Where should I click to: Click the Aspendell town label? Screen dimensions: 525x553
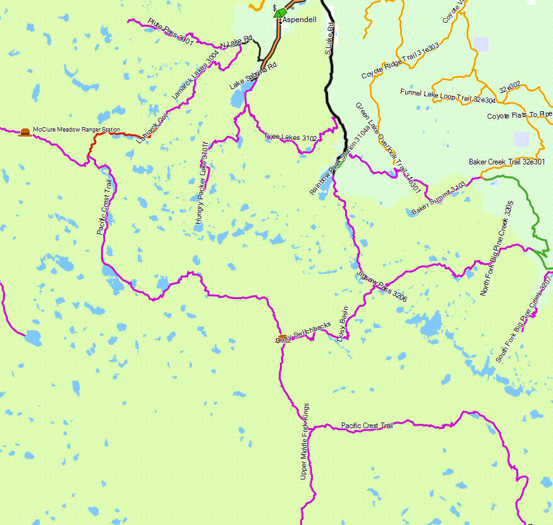(x=299, y=20)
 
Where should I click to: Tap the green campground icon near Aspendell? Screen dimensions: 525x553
(x=281, y=13)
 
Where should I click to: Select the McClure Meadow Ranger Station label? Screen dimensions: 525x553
(x=76, y=130)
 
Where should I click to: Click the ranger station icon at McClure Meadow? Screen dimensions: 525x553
(x=25, y=132)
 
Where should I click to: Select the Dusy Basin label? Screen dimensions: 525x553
(x=344, y=324)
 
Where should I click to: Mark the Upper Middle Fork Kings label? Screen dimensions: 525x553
(x=305, y=441)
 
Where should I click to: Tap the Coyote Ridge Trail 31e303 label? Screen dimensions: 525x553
(x=400, y=61)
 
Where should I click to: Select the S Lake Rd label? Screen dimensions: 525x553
(x=329, y=38)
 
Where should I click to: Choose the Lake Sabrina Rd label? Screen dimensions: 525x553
(x=253, y=76)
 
